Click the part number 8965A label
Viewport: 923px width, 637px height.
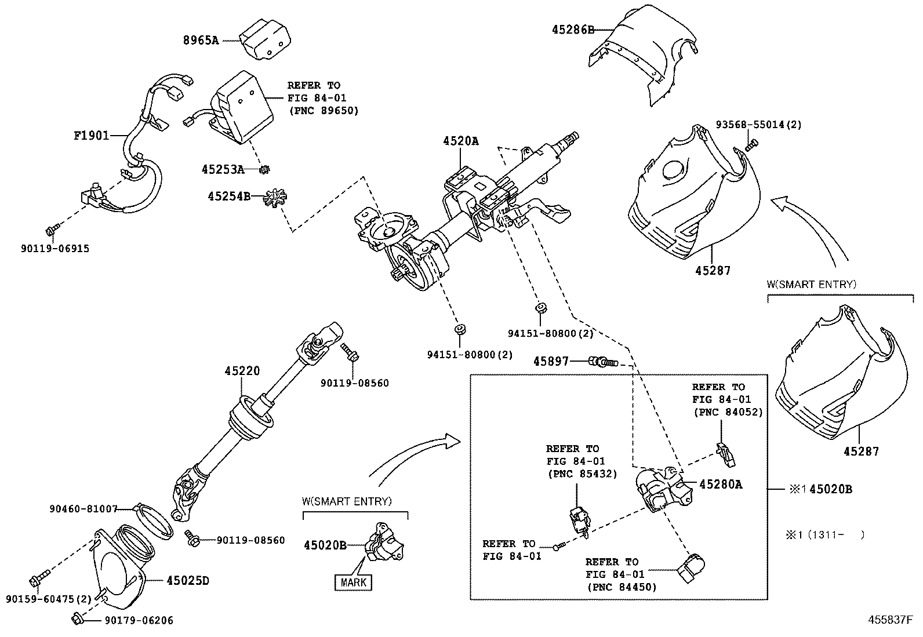201,41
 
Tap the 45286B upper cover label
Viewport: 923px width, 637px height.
573,30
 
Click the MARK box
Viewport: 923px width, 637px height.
354,581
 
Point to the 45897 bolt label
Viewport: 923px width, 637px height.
551,362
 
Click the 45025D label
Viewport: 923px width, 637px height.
188,580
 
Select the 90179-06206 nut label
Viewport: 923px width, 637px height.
139,621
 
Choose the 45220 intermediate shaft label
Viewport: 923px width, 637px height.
242,371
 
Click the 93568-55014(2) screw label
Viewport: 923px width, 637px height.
758,125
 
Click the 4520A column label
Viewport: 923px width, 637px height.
461,141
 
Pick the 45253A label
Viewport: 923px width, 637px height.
223,169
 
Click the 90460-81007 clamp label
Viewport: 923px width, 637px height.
83,509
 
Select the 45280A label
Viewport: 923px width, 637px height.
720,485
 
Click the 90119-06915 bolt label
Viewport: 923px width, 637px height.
55,249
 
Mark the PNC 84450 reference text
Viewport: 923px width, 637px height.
621,587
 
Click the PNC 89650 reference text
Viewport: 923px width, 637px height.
323,110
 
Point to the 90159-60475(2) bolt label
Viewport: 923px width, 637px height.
49,598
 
